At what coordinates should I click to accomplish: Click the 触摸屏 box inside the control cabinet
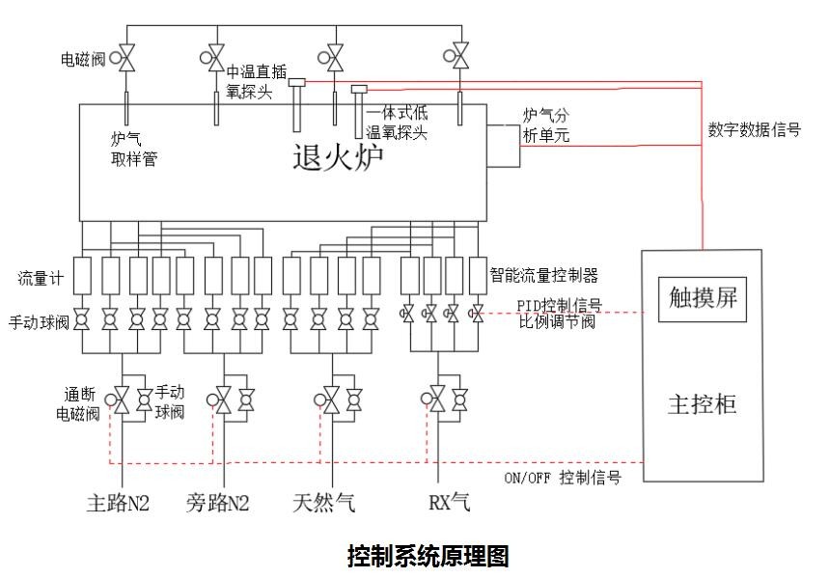pos(703,298)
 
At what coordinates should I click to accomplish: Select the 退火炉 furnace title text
pos(338,157)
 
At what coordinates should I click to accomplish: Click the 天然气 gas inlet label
pos(324,503)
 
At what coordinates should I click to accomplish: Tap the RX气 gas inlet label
pos(449,503)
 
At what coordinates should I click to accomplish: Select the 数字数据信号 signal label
pos(754,128)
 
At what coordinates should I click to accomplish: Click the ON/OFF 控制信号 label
pos(563,478)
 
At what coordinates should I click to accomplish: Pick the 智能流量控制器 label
pos(544,275)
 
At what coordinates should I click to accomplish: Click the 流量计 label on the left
pos(40,279)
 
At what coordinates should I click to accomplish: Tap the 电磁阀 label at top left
pos(81,60)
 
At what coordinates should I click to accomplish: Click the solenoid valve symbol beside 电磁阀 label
pos(126,57)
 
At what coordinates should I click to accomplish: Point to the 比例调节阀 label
pos(556,322)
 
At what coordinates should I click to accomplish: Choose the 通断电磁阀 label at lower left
pos(78,405)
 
